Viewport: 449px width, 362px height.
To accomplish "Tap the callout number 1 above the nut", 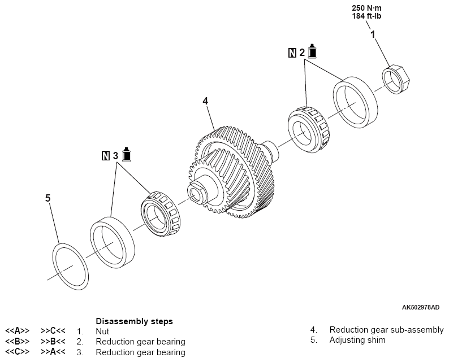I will pyautogui.click(x=373, y=35).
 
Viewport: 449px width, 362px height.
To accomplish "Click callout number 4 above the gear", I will pyautogui.click(x=206, y=101).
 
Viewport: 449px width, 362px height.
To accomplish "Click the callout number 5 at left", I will pyautogui.click(x=48, y=198).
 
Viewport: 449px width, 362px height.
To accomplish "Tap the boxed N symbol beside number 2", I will pyautogui.click(x=292, y=53).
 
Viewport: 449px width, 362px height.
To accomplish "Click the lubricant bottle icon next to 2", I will pyautogui.click(x=312, y=52).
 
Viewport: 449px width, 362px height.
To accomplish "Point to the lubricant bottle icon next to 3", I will pyautogui.click(x=126, y=153).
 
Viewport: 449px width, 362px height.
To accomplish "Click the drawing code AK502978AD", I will pyautogui.click(x=420, y=308).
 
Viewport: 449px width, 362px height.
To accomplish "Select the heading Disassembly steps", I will pyautogui.click(x=134, y=321).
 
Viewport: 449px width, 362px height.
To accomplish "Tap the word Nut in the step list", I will pyautogui.click(x=102, y=332).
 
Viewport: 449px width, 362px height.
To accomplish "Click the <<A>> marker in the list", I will pyautogui.click(x=17, y=332).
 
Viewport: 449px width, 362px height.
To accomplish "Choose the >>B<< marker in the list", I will pyautogui.click(x=53, y=342).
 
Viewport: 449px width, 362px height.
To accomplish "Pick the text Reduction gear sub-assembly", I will pyautogui.click(x=387, y=330).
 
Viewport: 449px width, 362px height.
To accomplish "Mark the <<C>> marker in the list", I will pyautogui.click(x=17, y=352).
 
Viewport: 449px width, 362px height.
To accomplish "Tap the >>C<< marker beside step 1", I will pyautogui.click(x=53, y=332).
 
